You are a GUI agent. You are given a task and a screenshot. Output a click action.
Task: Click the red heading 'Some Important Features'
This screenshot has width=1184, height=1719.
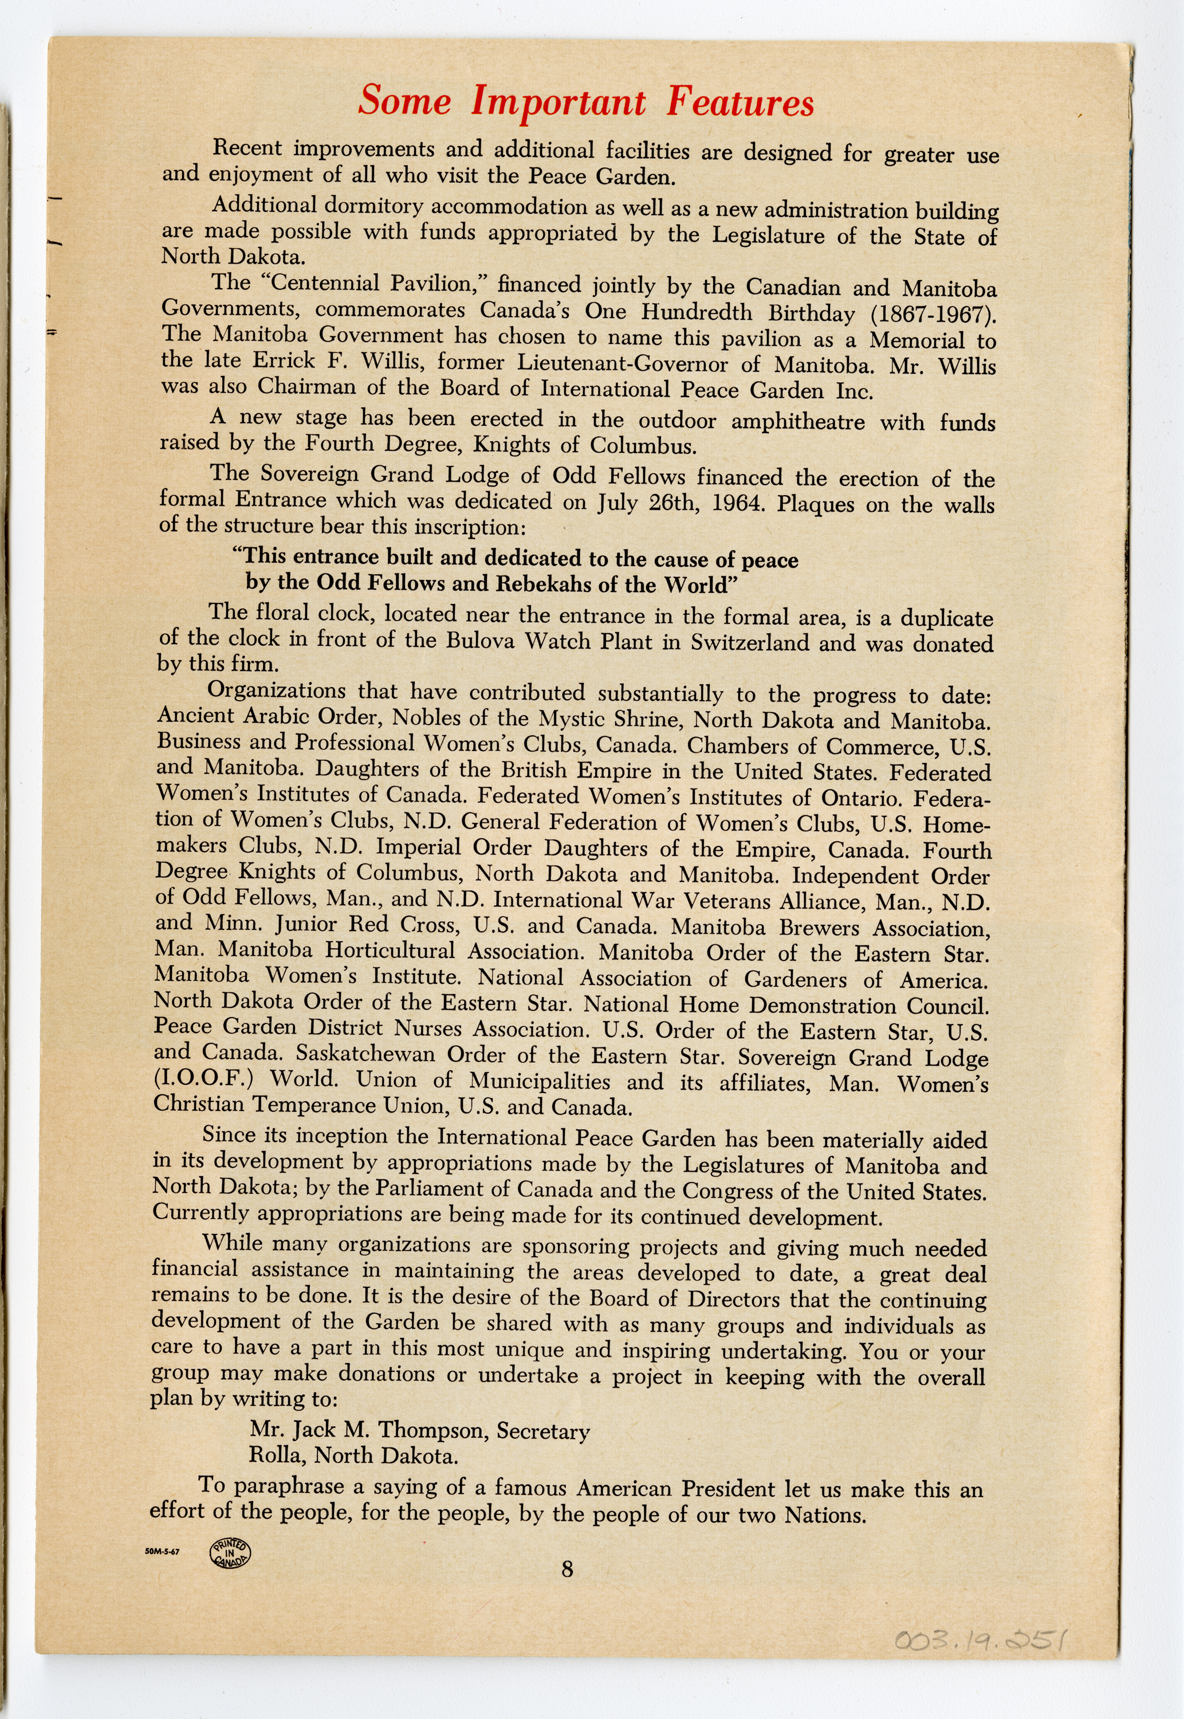(x=585, y=101)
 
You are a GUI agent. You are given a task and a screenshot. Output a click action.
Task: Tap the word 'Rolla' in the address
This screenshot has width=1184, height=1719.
(x=277, y=1455)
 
